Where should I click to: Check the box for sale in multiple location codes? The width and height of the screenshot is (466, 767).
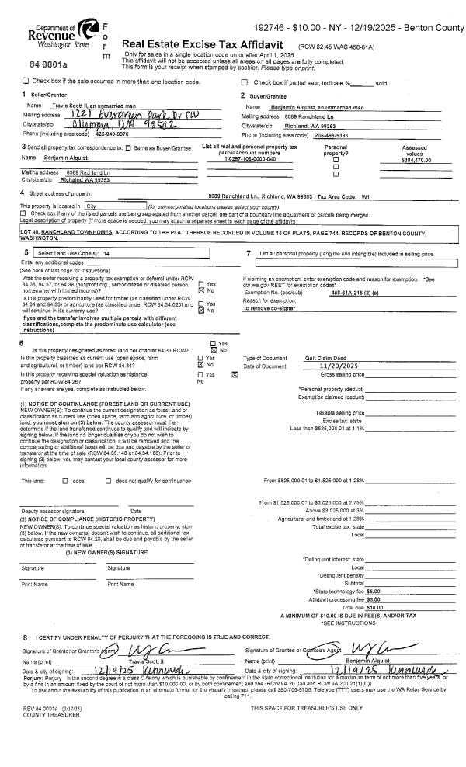[x=26, y=82]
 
